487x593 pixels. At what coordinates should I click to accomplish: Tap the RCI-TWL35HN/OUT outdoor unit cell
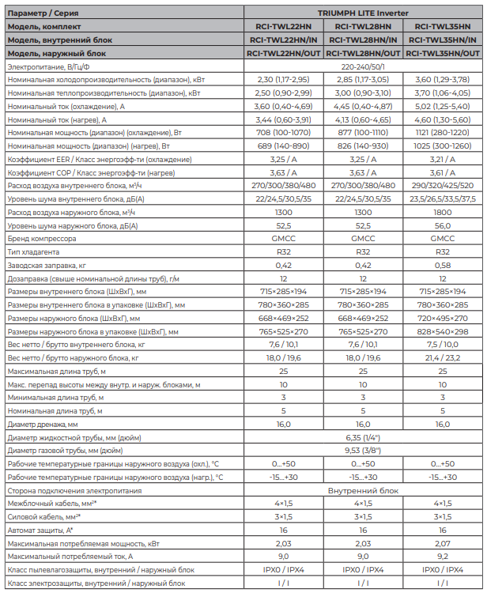pos(443,53)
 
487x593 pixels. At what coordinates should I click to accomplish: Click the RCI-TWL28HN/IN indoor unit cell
pos(363,40)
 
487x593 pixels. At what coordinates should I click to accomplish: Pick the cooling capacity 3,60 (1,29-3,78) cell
pos(443,80)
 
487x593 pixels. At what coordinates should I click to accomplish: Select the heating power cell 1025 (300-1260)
pos(443,147)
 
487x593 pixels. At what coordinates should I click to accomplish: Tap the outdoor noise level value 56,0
pos(443,225)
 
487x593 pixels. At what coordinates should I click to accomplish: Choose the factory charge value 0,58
pos(443,265)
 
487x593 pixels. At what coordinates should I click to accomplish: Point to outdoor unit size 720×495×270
pos(443,318)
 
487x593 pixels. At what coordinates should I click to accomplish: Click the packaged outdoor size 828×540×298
pos(443,331)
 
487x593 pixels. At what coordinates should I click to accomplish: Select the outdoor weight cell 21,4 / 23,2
pos(443,357)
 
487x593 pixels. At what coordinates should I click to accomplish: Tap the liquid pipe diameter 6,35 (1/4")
pos(363,437)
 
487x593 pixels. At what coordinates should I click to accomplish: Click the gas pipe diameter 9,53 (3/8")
pos(363,450)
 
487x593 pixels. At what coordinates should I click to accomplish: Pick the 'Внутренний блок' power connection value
pos(363,490)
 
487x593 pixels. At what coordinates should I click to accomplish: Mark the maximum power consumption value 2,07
pos(443,543)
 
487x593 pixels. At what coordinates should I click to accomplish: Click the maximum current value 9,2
pos(443,557)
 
